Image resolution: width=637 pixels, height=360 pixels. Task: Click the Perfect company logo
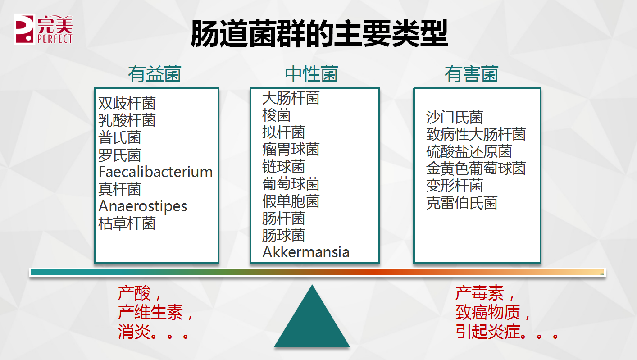(43, 29)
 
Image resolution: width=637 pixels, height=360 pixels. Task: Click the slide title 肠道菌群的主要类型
(319, 33)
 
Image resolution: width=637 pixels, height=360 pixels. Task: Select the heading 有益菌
(155, 74)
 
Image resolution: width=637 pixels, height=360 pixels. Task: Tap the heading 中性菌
(311, 74)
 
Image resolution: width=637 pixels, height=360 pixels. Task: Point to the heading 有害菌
(471, 74)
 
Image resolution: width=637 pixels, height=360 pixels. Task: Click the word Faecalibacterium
(155, 172)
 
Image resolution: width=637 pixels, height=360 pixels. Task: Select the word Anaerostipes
(143, 206)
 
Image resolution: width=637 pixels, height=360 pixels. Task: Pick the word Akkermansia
(306, 252)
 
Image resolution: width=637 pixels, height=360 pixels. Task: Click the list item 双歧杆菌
(127, 103)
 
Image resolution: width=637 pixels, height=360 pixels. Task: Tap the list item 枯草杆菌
(127, 224)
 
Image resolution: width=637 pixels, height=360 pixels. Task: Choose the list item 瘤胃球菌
(291, 149)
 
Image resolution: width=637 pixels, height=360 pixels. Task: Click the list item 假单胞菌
(291, 201)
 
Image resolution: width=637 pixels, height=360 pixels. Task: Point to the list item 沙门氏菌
(455, 117)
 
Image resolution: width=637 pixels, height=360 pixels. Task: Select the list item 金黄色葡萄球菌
(476, 169)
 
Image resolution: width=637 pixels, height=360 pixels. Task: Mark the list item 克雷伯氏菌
(462, 203)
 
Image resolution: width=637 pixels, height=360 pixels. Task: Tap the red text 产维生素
(150, 312)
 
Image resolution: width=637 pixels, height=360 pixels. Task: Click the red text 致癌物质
(488, 312)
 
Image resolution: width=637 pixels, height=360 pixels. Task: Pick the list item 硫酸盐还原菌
(469, 151)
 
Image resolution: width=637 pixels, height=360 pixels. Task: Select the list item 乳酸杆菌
(127, 120)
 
